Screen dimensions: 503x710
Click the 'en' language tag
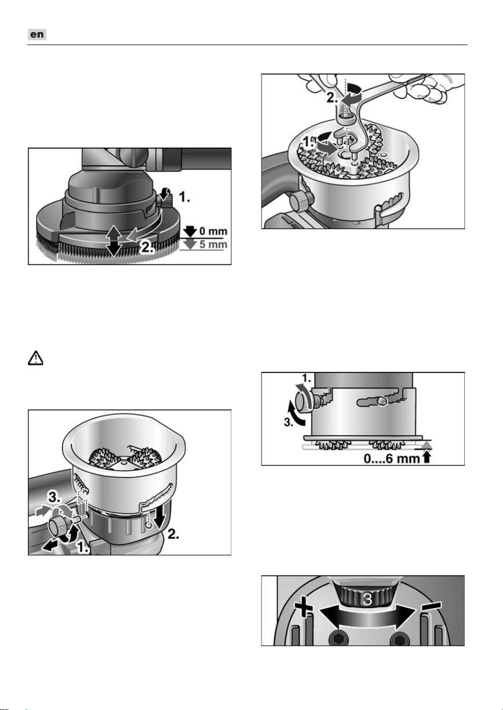click(37, 34)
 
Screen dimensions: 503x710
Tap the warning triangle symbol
click(35, 358)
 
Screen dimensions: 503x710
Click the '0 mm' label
click(213, 231)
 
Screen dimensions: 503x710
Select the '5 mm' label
click(213, 244)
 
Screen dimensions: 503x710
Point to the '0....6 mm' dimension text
click(391, 459)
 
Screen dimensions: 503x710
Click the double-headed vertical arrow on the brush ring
click(114, 240)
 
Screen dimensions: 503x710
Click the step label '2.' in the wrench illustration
click(333, 98)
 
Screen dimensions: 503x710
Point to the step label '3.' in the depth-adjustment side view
click(288, 422)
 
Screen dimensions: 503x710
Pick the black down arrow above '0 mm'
click(190, 231)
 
